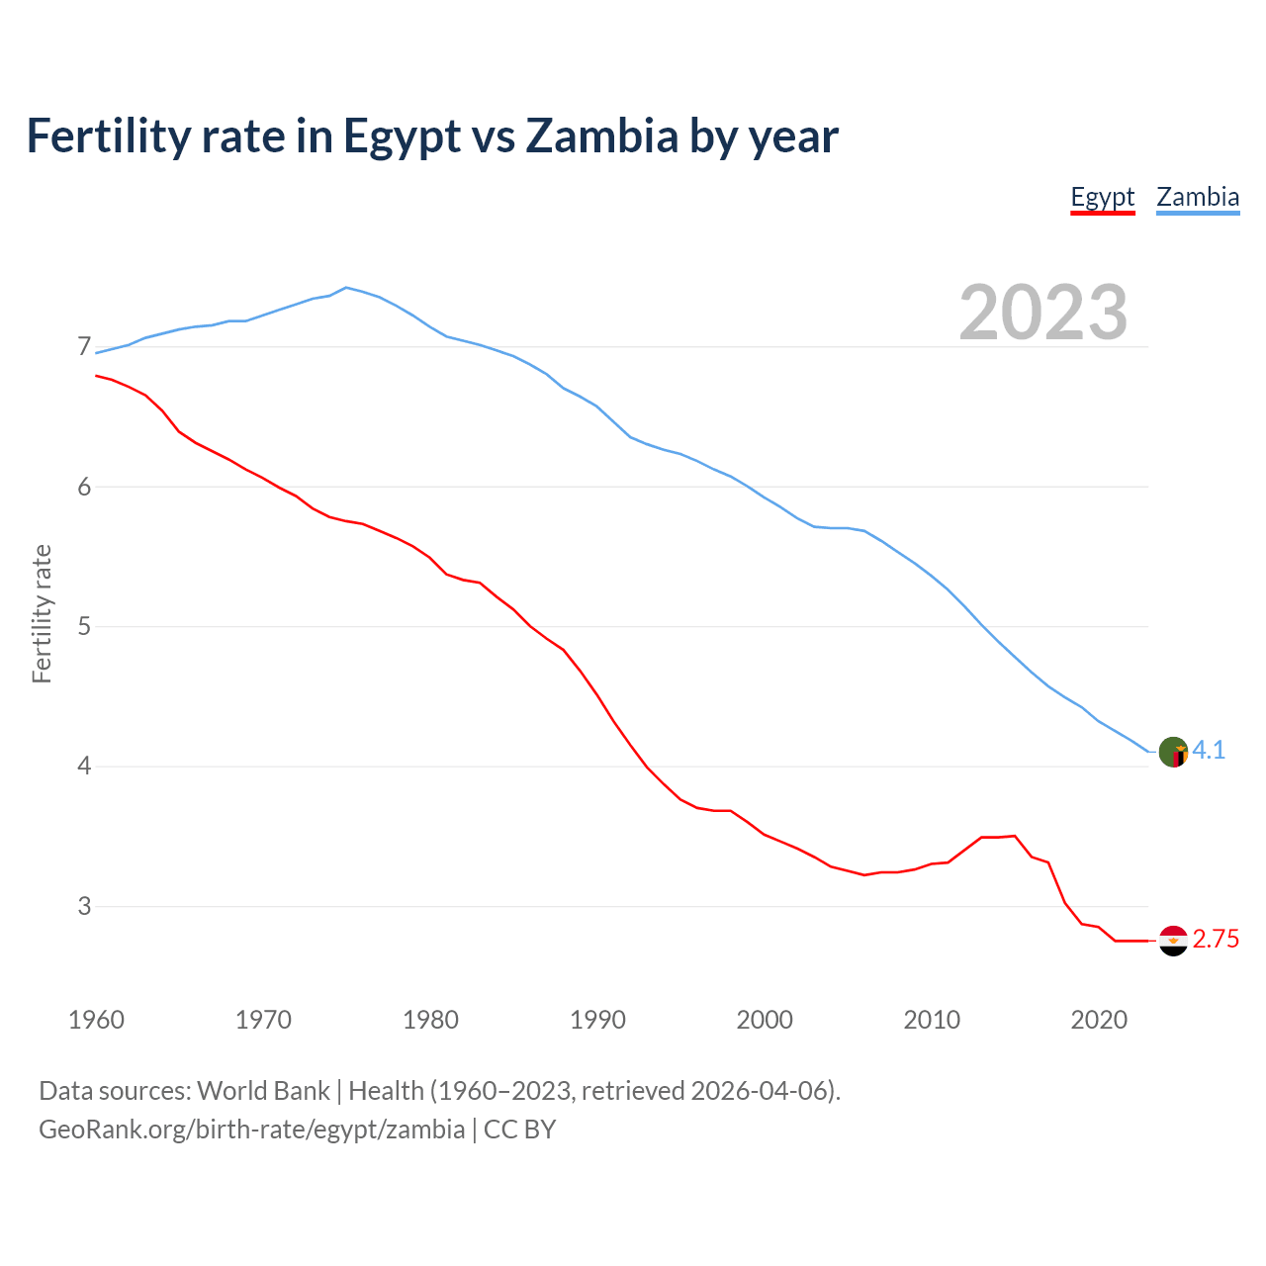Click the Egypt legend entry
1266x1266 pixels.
1102,197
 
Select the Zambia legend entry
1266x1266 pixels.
1198,197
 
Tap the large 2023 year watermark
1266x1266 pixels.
1043,313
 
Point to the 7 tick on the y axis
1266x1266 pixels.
84,347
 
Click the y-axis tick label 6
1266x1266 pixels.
84,487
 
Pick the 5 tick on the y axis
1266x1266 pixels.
84,626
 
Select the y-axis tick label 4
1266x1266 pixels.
84,767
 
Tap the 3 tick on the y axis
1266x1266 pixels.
84,906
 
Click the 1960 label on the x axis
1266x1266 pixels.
96,1020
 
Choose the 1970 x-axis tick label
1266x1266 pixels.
263,1020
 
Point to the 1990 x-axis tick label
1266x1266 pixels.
597,1020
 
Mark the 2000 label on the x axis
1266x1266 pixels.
765,1020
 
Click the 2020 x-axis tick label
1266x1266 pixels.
1099,1020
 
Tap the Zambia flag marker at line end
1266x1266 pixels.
1173,752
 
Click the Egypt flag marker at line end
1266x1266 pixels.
1173,941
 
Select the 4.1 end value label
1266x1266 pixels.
1209,751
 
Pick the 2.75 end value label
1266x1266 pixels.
1216,940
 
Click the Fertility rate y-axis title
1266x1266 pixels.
42,613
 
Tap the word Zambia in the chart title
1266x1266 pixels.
601,136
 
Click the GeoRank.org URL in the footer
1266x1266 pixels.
251,1130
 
